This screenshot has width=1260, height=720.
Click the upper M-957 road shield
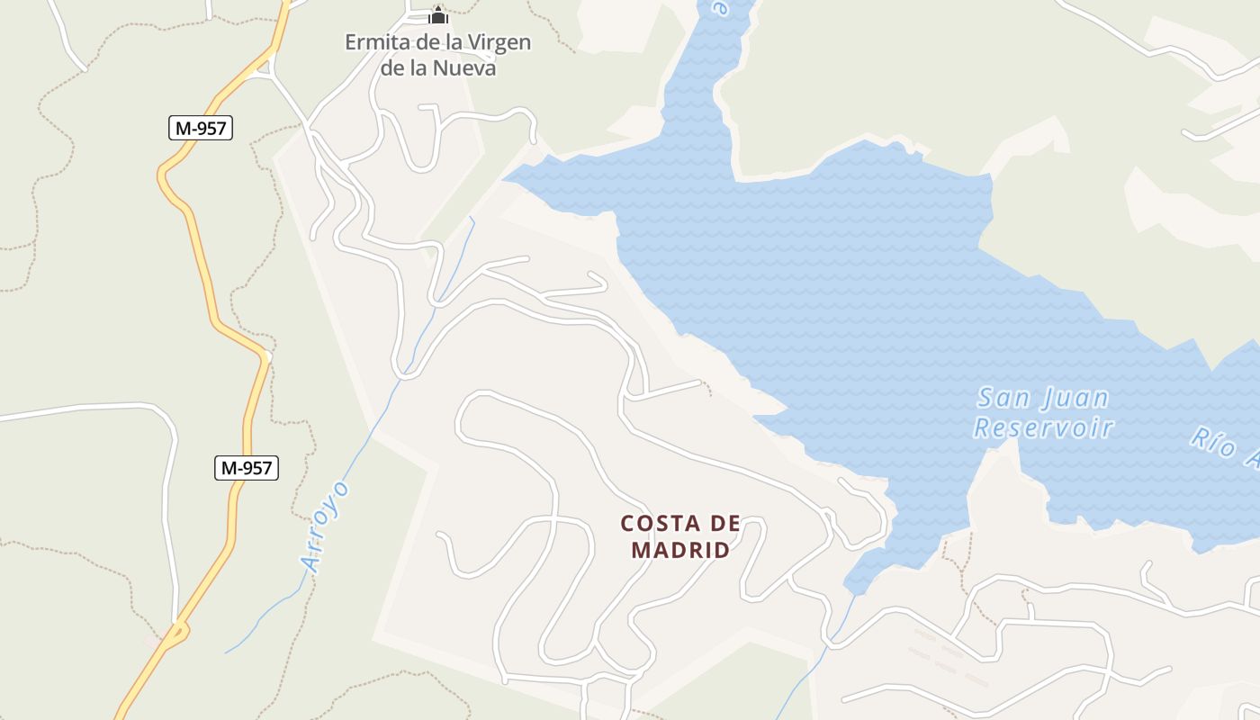[x=201, y=128]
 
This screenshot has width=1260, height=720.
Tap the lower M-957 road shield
[x=247, y=468]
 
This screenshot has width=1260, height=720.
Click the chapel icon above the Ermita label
[x=438, y=15]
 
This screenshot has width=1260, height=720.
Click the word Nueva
[x=464, y=67]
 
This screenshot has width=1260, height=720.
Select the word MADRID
[x=680, y=550]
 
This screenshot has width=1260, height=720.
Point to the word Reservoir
[x=1044, y=427]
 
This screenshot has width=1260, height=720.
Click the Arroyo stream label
[x=325, y=526]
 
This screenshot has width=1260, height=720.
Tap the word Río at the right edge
[x=1211, y=440]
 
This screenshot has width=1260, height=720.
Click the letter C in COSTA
[x=628, y=524]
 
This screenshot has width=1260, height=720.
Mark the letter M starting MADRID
[x=641, y=550]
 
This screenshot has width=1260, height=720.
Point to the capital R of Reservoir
[x=984, y=427]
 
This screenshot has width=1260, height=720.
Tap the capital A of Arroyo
[x=312, y=563]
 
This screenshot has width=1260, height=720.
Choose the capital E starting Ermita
[x=353, y=42]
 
